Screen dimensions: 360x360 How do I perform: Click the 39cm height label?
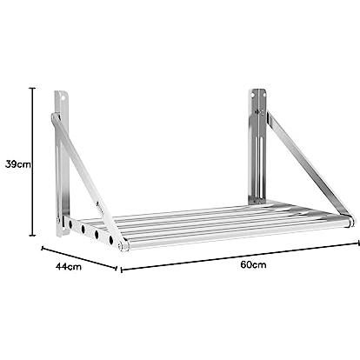[x=18, y=164]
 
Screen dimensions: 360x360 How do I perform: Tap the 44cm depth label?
[x=69, y=266]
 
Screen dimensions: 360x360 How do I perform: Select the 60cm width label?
[x=253, y=264]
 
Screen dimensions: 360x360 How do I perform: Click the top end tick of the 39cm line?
[x=33, y=88]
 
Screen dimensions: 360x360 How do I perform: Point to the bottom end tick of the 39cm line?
[x=33, y=236]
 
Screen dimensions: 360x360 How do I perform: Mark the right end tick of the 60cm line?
[x=357, y=243]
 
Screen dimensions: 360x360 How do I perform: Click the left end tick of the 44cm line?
[x=43, y=249]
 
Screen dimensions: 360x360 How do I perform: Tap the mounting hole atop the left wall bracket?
[x=63, y=97]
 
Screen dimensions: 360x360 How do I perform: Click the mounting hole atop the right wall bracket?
[x=253, y=95]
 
